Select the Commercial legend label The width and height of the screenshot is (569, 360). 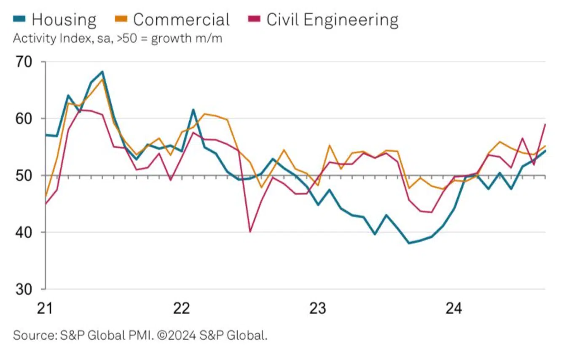[181, 20]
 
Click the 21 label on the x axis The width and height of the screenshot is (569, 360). [45, 308]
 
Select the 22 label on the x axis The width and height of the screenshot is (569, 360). [182, 308]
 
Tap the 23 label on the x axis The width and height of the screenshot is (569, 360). [318, 308]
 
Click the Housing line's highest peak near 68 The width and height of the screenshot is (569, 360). [102, 72]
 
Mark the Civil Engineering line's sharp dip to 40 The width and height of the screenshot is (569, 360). [250, 231]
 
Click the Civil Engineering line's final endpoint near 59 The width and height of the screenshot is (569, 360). [545, 124]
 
